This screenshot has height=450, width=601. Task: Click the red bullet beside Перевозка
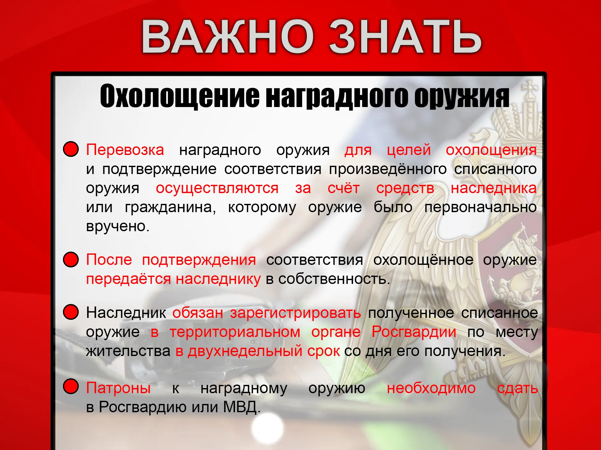71,149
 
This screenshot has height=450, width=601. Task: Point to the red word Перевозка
125,150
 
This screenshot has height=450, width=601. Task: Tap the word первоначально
480,207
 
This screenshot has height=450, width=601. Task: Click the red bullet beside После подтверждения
71,259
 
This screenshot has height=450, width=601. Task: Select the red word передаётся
128,279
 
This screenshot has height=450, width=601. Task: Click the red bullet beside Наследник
71,312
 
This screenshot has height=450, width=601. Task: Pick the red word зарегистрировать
295,313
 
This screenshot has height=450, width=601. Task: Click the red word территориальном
235,332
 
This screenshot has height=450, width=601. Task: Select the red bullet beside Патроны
71,386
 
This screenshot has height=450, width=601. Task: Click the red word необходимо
431,388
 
